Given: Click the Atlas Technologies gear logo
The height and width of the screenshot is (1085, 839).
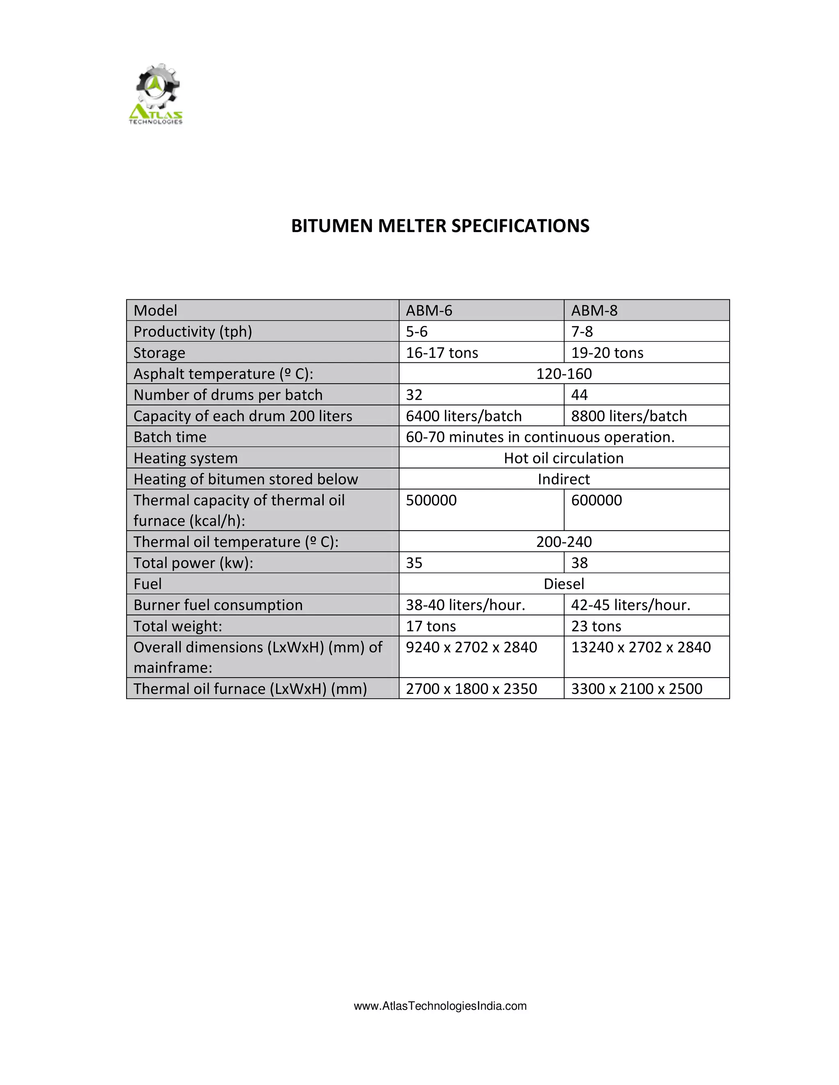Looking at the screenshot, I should pos(156,94).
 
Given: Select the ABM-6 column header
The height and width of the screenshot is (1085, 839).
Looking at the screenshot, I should pos(429,310).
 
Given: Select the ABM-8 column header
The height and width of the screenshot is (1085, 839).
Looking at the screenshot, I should pos(594,310).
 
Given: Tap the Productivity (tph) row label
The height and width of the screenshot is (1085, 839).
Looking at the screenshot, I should pos(193,331).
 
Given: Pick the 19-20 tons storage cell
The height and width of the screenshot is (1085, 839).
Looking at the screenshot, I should pos(607,353).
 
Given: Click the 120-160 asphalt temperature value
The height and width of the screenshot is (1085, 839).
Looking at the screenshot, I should pos(564,373).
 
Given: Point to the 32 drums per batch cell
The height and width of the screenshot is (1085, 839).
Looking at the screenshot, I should pos(414,395).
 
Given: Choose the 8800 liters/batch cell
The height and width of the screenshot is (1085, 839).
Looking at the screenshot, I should pos(629,416).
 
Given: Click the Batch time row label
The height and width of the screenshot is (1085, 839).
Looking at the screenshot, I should pos(170,437).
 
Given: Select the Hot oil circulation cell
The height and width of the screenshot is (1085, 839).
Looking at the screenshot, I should pos(564,458).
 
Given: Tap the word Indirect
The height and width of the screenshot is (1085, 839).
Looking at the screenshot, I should pos(564,479).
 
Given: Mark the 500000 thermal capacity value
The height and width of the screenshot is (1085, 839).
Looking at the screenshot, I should pos(431,500).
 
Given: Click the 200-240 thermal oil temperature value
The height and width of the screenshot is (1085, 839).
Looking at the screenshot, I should pos(564,542).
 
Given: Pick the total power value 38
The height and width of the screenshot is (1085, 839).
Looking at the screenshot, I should pos(579,563).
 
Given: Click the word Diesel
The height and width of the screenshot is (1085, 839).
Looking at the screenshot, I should pos(564,584).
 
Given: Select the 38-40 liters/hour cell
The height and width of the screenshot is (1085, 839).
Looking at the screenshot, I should pos(465,605).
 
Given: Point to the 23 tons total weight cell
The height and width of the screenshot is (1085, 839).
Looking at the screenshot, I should pos(596,626).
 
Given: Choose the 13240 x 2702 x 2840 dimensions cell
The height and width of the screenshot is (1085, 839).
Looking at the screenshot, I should pos(641,647).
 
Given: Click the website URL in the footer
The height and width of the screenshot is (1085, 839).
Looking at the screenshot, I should pos(440,1006).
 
